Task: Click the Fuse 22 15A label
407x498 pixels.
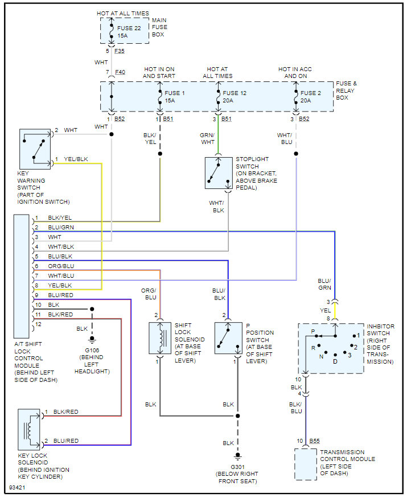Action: tap(129, 32)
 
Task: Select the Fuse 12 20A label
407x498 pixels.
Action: tap(234, 97)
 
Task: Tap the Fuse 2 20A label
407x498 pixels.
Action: tap(310, 97)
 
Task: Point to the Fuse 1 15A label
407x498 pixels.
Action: tap(174, 97)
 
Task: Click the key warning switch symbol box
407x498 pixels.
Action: tap(35, 149)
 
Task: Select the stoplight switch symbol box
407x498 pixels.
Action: tap(219, 173)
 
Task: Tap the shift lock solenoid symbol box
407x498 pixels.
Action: tap(160, 338)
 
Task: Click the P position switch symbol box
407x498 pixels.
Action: tap(228, 338)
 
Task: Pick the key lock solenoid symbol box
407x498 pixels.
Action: tap(29, 430)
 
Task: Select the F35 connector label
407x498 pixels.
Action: tap(120, 51)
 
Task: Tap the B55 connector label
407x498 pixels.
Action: tap(314, 441)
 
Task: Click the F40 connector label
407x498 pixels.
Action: tap(120, 72)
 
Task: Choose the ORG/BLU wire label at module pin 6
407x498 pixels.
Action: tap(61, 266)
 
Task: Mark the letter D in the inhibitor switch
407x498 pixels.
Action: tap(335, 361)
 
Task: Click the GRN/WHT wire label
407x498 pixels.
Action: tap(207, 138)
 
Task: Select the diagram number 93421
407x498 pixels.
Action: tap(17, 488)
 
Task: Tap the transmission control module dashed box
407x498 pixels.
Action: tap(306, 464)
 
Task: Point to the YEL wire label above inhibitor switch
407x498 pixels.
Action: tap(325, 310)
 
